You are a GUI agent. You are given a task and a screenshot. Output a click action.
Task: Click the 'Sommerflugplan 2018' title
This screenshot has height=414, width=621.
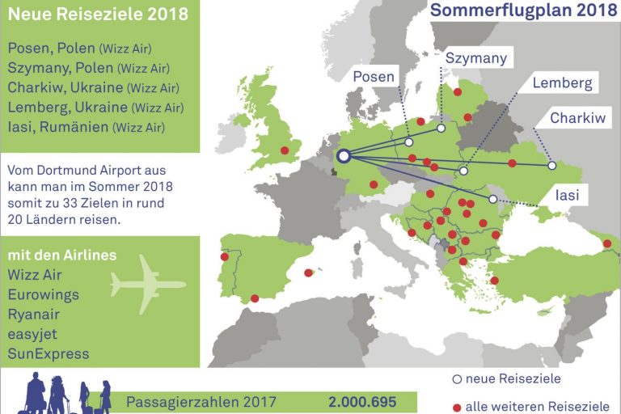coord(519,11)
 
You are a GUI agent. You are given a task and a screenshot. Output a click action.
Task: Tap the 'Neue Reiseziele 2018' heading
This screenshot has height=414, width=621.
coord(98,14)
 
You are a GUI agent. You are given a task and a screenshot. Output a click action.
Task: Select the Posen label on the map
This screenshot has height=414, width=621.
coord(374,78)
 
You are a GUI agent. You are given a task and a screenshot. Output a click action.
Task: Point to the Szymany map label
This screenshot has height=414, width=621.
coord(476,57)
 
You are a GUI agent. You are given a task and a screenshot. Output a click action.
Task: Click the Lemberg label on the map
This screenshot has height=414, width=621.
coord(563,82)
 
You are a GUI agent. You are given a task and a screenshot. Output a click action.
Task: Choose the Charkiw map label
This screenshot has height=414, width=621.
coord(577,118)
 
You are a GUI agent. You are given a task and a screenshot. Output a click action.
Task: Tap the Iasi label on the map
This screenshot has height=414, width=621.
coord(567,194)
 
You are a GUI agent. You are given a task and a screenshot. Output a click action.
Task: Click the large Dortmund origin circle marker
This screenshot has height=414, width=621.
coord(344,156)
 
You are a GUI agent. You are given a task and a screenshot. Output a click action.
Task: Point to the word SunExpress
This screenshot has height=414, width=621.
coord(48,353)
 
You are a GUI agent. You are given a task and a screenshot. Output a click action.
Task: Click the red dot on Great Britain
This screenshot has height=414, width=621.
coord(284,150)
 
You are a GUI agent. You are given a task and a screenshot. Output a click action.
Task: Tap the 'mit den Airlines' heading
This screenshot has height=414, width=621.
coord(61,256)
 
